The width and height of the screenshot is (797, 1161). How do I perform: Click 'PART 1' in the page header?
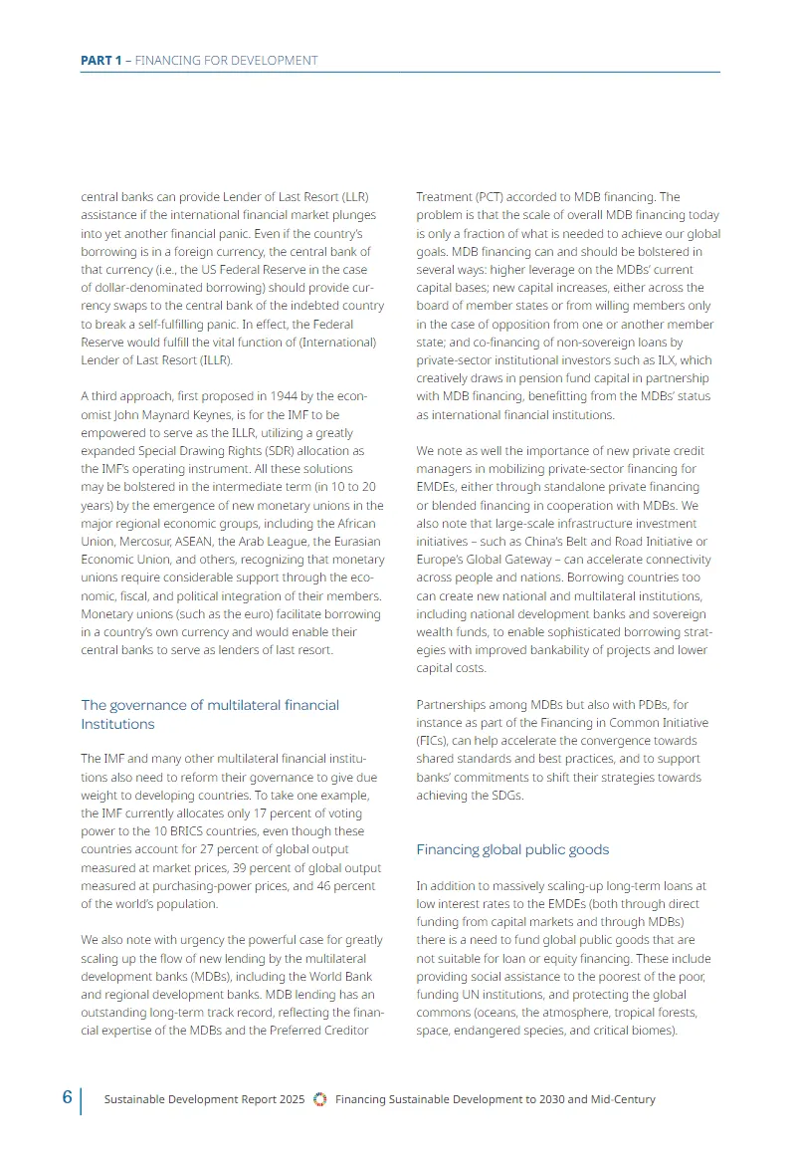(x=100, y=61)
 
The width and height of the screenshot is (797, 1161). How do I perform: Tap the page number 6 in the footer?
(x=67, y=1097)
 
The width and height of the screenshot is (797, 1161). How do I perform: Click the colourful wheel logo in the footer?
(x=319, y=1099)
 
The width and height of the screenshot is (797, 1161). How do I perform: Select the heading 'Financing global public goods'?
(x=512, y=849)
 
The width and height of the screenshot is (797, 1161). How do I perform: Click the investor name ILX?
(x=674, y=359)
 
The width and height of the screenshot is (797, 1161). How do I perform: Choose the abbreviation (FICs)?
(x=434, y=741)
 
